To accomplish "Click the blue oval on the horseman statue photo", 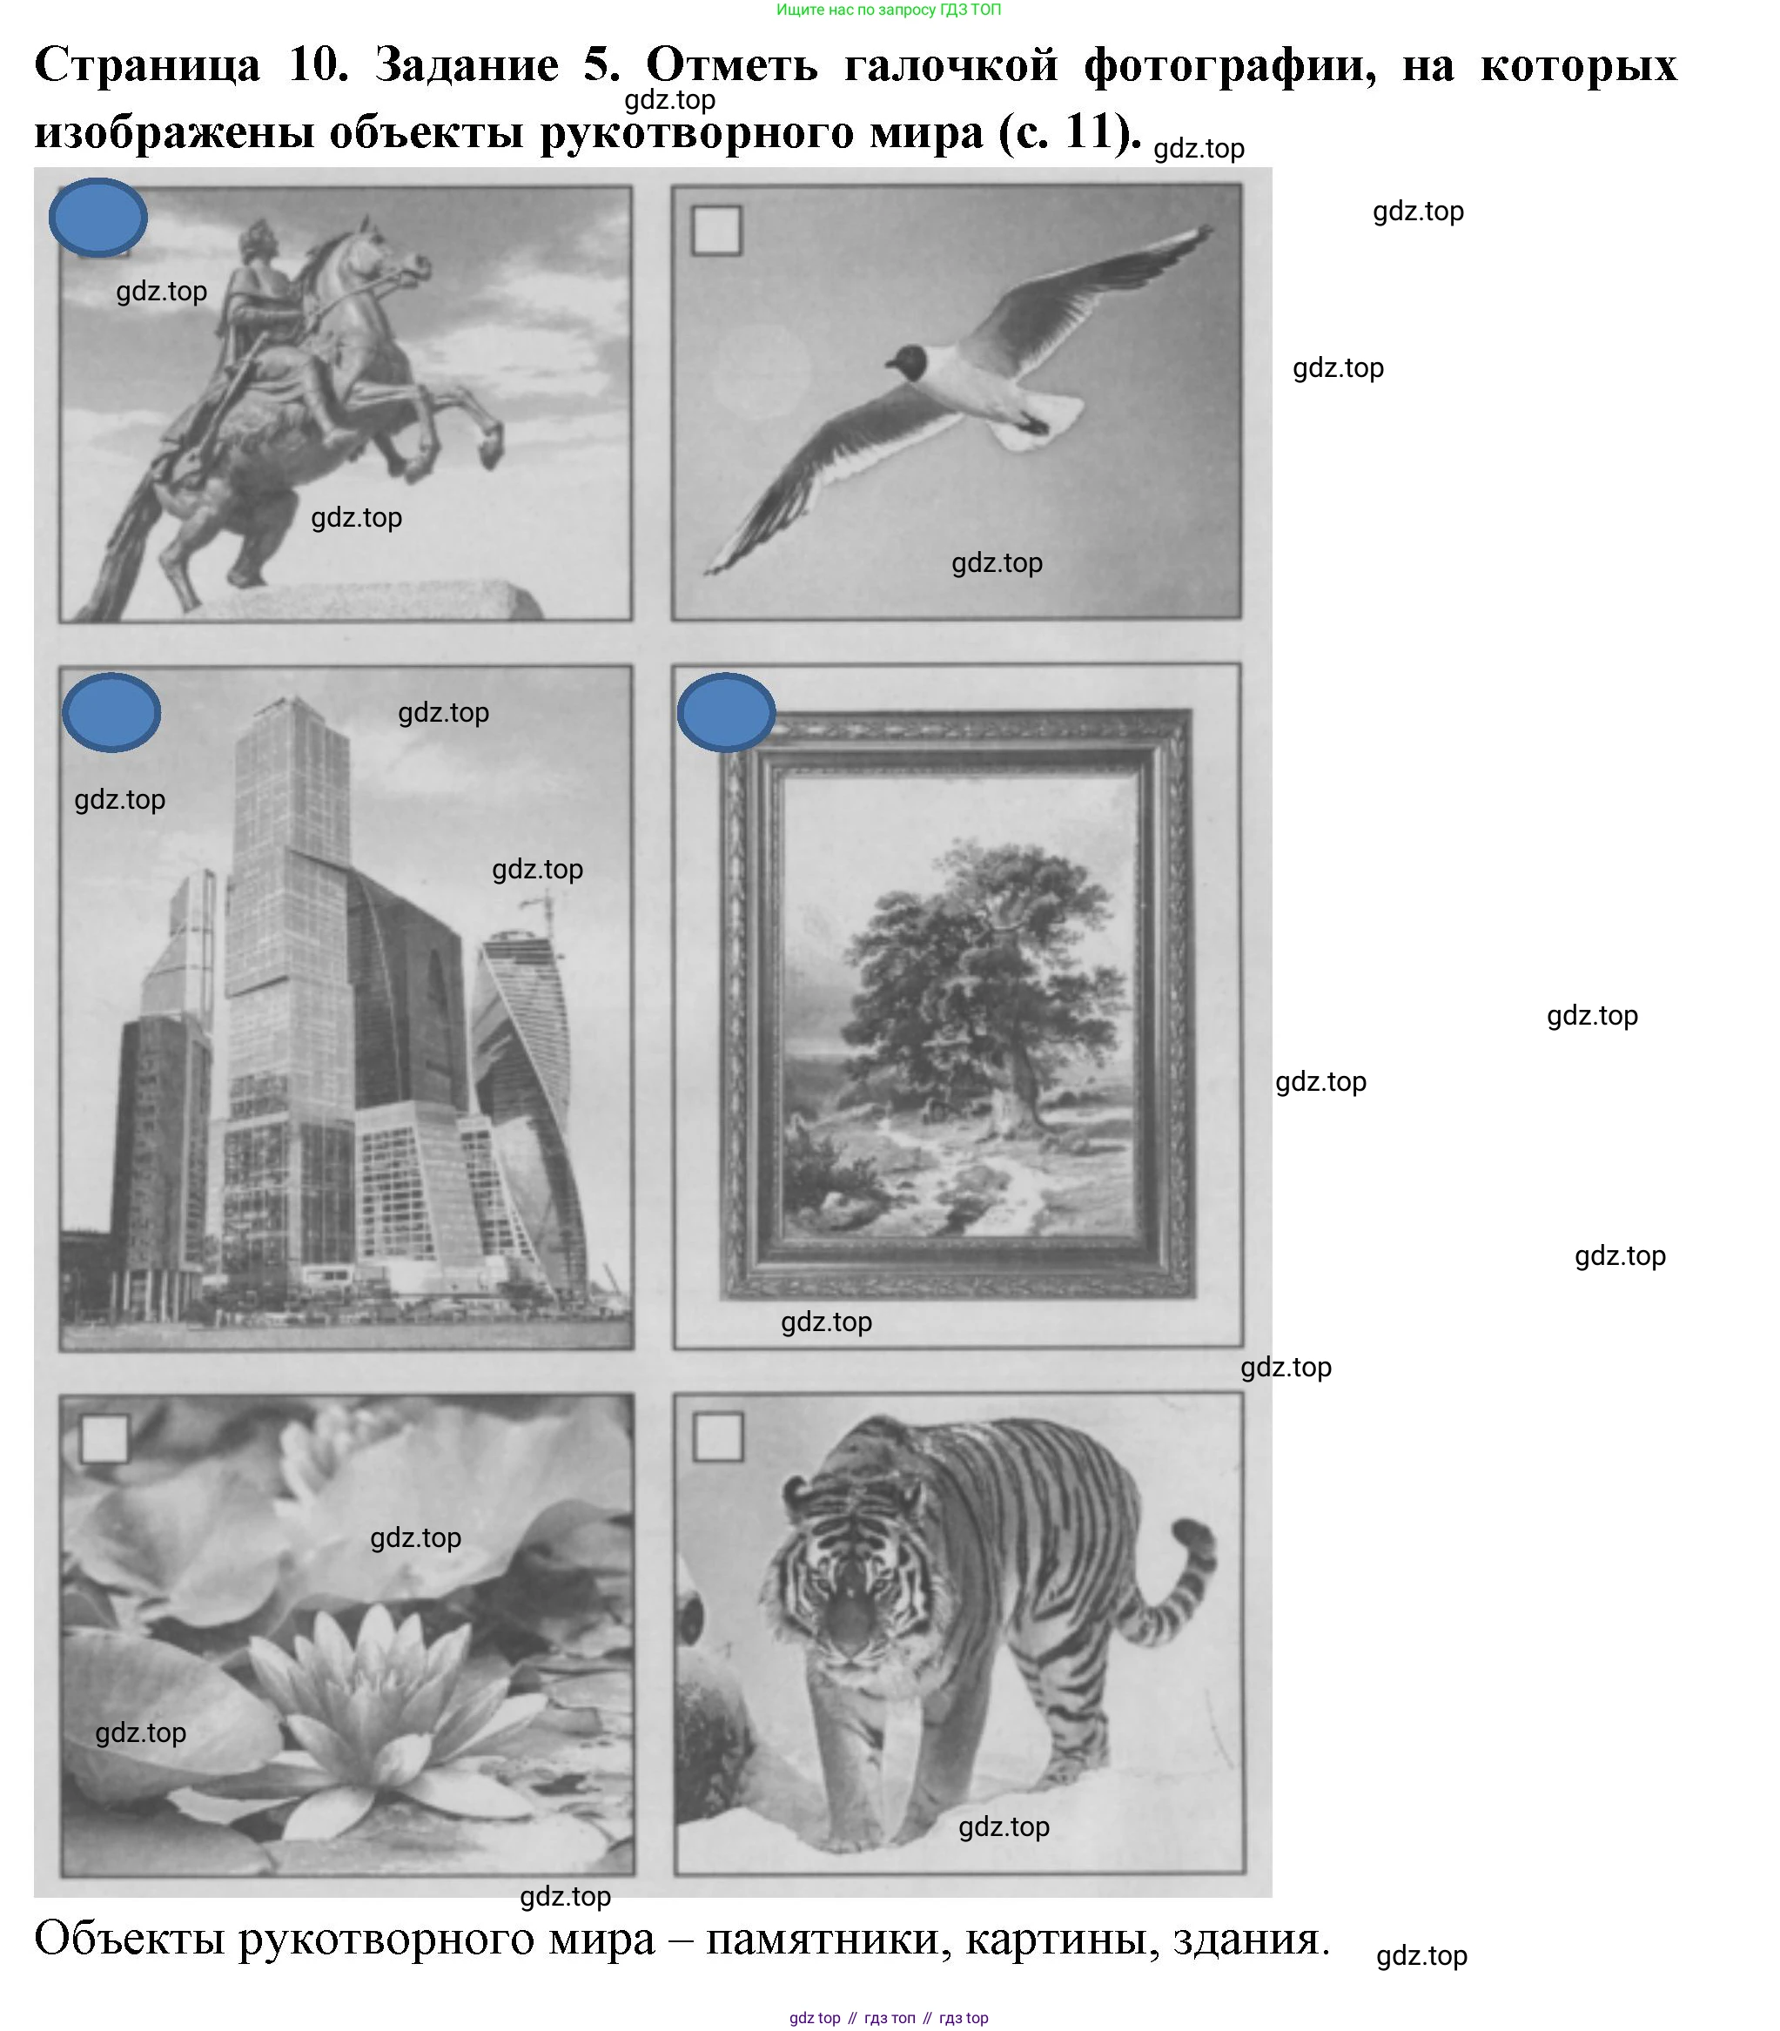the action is tap(97, 217).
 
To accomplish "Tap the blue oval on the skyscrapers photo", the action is tap(111, 711).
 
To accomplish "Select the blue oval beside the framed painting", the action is tap(726, 711).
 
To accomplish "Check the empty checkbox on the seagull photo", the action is tap(716, 231).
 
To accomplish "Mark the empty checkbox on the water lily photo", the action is tap(104, 1438).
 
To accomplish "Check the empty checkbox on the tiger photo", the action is tap(718, 1436).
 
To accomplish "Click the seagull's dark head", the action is tap(909, 364).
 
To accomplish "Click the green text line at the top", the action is tap(889, 10).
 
